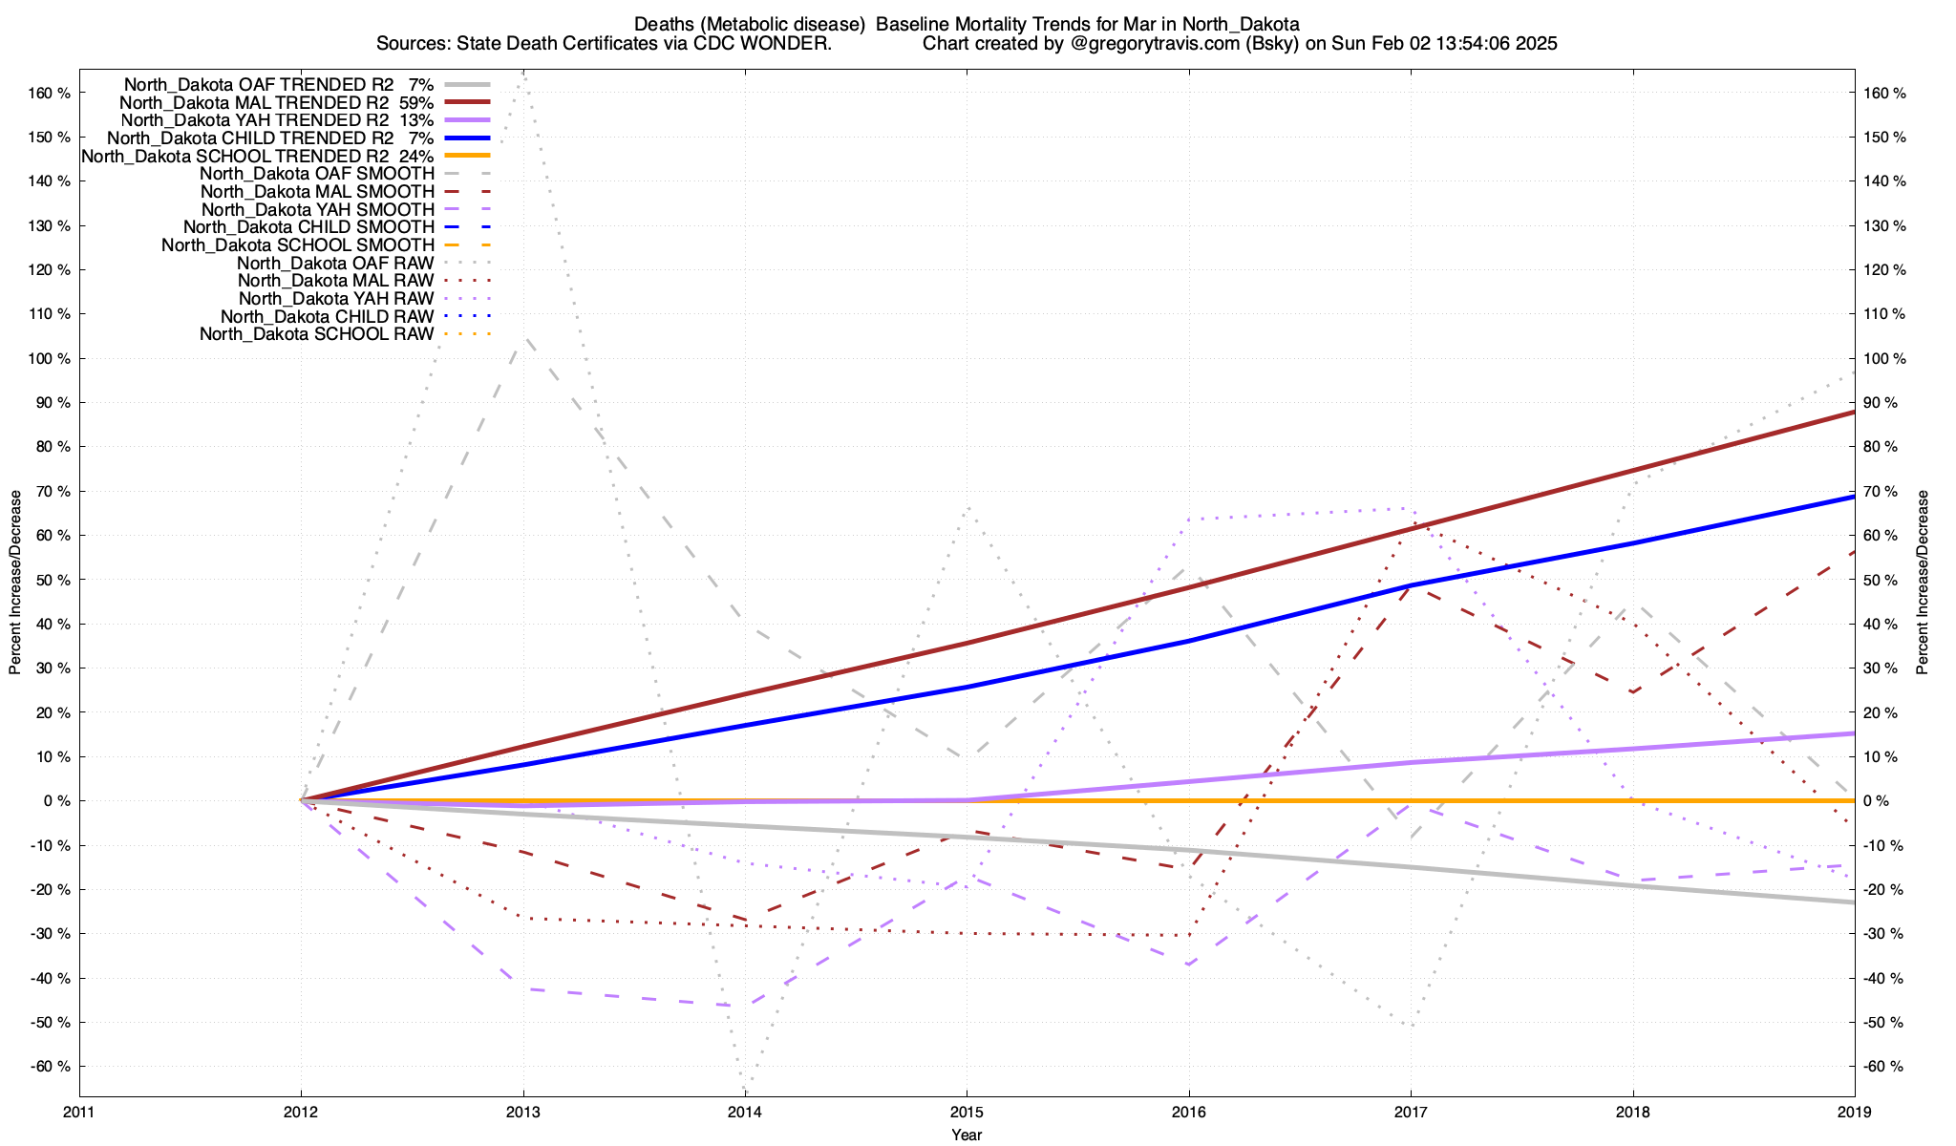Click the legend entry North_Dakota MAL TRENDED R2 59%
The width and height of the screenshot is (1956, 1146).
point(277,102)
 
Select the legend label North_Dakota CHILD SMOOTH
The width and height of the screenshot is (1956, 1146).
point(308,227)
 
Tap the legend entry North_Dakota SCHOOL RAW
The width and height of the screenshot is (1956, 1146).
point(316,334)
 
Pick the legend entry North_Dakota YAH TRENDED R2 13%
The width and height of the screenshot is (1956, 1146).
point(278,120)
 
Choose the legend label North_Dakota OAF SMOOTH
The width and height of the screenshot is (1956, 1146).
point(316,174)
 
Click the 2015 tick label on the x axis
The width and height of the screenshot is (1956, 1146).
point(967,1112)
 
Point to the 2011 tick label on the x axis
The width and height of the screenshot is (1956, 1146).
point(79,1112)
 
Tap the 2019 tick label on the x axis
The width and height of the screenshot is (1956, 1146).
point(1854,1112)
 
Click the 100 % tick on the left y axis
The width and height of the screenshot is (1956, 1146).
point(51,359)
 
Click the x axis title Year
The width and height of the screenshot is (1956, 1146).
point(967,1135)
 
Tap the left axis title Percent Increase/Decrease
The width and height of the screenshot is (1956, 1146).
point(15,583)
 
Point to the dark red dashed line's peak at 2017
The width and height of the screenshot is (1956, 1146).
point(1411,585)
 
